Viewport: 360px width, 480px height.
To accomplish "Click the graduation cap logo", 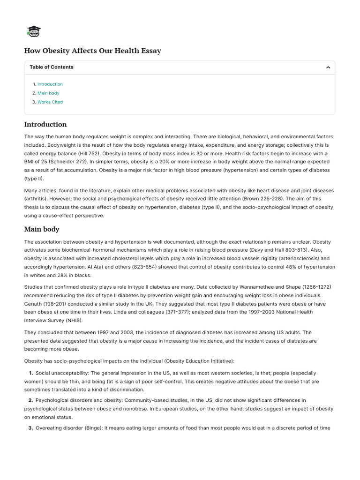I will pos(34,31).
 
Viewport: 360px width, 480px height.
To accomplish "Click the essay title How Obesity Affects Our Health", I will pos(92,51).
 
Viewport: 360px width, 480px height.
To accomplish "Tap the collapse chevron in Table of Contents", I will pos(328,67).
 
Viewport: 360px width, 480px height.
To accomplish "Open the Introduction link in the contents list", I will pos(50,84).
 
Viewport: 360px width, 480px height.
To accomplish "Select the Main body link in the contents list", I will pos(48,93).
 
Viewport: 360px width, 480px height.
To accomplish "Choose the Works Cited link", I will pos(50,102).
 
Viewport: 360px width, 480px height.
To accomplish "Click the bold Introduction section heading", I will pos(45,124).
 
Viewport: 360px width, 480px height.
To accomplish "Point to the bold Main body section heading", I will pos(42,229).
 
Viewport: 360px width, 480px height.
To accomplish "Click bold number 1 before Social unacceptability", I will pos(31,373).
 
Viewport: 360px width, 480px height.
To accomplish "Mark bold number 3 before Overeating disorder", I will pos(31,428).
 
